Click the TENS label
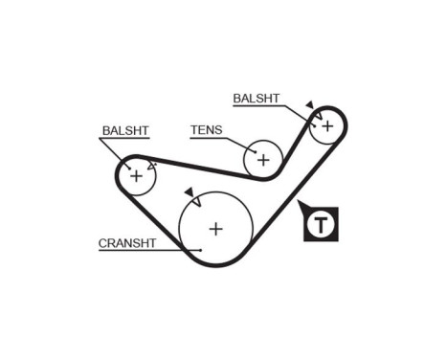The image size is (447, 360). (206, 130)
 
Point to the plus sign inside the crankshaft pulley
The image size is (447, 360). (216, 228)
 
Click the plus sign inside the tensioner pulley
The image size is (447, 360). (262, 159)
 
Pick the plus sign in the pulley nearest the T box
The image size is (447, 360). (327, 124)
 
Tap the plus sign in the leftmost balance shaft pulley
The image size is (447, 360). (136, 175)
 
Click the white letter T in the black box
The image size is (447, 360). (323, 227)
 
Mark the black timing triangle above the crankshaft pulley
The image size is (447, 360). (190, 192)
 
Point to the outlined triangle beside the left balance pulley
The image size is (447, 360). (151, 165)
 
